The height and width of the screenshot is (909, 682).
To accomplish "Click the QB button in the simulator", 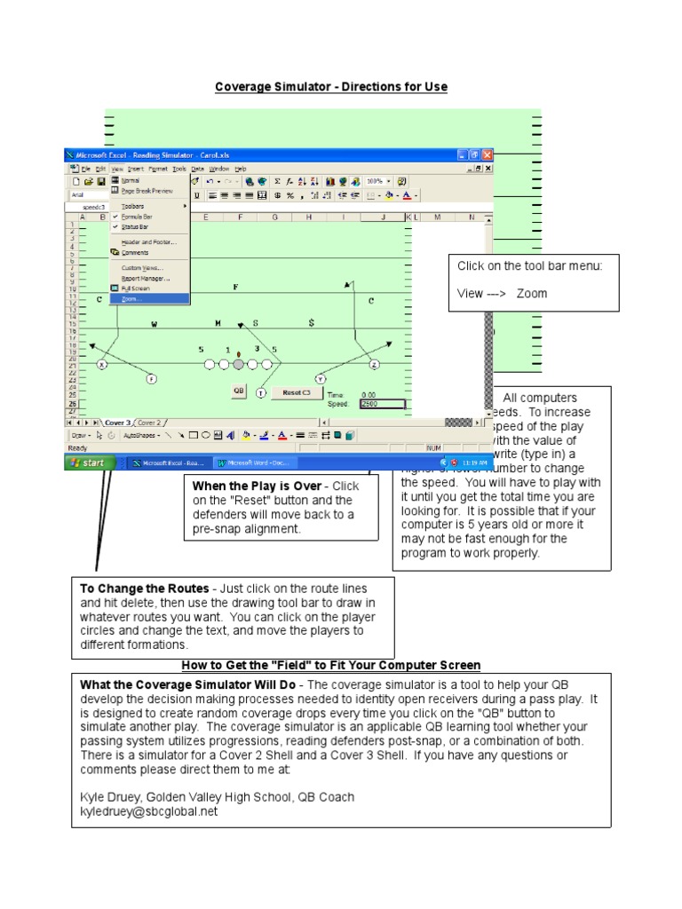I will pyautogui.click(x=238, y=390).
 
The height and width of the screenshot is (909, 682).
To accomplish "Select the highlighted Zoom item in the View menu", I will pyautogui.click(x=132, y=299).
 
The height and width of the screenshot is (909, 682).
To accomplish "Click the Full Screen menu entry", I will pyautogui.click(x=135, y=289).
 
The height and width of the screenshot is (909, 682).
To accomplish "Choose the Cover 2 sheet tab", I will pyautogui.click(x=148, y=423).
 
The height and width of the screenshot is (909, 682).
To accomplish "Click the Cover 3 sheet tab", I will pyautogui.click(x=116, y=423).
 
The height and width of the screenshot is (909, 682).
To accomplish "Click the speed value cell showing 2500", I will pyautogui.click(x=382, y=403).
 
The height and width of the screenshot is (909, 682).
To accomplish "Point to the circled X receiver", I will pyautogui.click(x=102, y=364).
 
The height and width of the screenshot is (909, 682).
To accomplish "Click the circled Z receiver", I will pyautogui.click(x=374, y=364).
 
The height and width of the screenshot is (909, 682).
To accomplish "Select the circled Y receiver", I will pyautogui.click(x=321, y=379).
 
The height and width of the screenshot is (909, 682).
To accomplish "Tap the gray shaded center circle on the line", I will pyautogui.click(x=238, y=364).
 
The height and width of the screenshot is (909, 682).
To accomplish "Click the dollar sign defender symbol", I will pyautogui.click(x=311, y=323).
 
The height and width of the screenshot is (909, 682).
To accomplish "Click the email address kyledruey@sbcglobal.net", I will pyautogui.click(x=148, y=811).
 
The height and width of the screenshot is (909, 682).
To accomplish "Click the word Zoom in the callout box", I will pyautogui.click(x=532, y=294).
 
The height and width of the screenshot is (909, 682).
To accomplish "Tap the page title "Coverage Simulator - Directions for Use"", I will pyautogui.click(x=331, y=87).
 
